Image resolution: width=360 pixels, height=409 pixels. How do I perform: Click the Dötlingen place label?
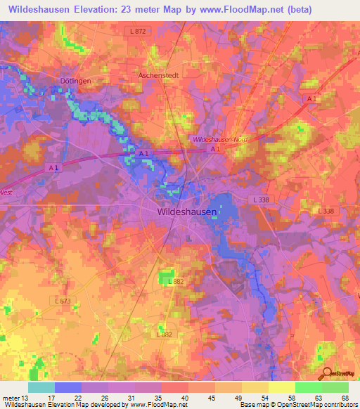point(77,82)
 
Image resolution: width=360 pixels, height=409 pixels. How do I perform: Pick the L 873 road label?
point(63,301)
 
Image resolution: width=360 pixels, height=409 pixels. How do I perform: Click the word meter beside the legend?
point(11,397)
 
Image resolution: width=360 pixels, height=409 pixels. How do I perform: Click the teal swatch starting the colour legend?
point(41,387)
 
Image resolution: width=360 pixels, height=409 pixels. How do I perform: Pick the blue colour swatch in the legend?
point(68,387)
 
